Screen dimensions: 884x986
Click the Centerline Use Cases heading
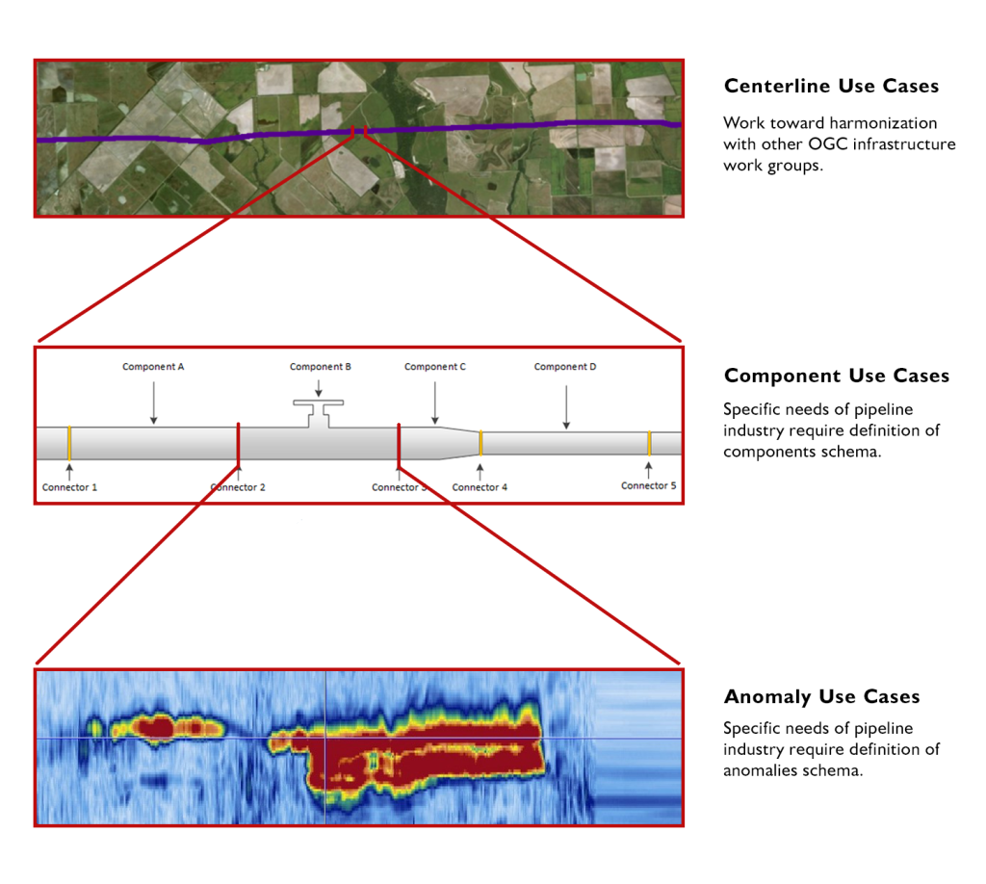[x=831, y=87]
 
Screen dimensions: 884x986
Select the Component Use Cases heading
[x=836, y=376]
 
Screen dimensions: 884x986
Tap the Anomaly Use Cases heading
[x=821, y=696]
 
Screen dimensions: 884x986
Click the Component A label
[x=153, y=367]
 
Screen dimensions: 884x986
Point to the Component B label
[x=321, y=367]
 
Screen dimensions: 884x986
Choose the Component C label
[x=435, y=367]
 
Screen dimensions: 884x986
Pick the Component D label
[x=565, y=367]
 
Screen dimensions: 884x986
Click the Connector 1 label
[x=69, y=487]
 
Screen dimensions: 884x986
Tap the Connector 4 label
[x=480, y=487]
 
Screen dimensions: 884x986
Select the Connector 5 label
[x=648, y=486]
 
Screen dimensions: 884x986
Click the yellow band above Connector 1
[x=69, y=443]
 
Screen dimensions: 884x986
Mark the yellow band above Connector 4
[x=480, y=443]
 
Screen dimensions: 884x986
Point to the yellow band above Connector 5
[x=650, y=443]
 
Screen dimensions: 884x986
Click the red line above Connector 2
[x=238, y=443]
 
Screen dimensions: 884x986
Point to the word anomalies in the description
[x=761, y=770]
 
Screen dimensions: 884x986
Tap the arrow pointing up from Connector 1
[x=69, y=470]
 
